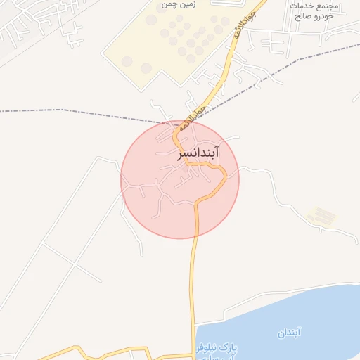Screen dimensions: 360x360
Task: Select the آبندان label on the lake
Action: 288,332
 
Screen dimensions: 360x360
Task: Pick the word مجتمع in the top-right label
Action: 324,6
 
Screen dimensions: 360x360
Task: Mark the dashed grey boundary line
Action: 70,111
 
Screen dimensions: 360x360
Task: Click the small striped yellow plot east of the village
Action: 321,216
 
